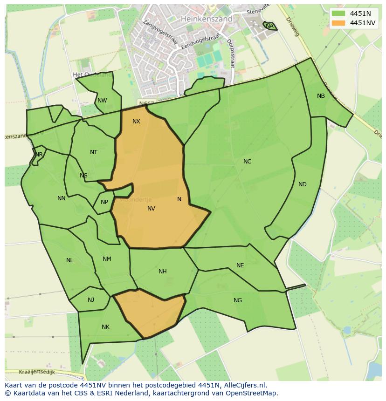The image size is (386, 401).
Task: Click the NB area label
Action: pos(321,96)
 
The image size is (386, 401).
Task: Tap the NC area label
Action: pos(247,162)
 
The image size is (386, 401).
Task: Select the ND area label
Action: pos(302,184)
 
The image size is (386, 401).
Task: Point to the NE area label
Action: pos(240,265)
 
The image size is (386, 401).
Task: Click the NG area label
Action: pos(238,300)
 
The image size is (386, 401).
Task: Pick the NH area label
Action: pos(162,272)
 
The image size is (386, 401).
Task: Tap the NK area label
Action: pos(105,327)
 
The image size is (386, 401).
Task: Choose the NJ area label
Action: pos(91,300)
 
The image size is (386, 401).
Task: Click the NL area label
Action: pos(69,260)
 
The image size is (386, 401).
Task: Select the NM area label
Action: pos(107,259)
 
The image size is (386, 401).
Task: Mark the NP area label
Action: pos(104,202)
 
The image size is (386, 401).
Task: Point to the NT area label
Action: pos(94,152)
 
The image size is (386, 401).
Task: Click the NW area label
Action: pos(102,101)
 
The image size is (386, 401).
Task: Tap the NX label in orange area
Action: pos(136,122)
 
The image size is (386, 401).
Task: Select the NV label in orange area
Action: pos(151,209)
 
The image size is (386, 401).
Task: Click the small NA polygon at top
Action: pos(270,26)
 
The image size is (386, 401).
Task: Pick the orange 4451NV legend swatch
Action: pos(338,23)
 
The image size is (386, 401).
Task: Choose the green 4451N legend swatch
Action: pos(338,14)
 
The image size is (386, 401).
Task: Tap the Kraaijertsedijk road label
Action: pos(37,372)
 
